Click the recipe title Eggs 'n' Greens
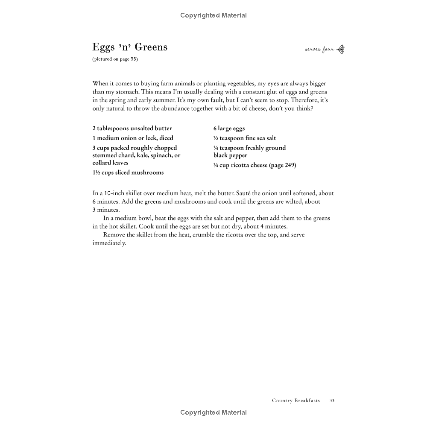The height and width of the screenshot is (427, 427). (130, 47)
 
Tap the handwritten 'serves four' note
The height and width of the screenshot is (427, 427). (319, 50)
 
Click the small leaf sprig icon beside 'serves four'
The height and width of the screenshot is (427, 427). (341, 50)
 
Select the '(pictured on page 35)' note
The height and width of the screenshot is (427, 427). (115, 59)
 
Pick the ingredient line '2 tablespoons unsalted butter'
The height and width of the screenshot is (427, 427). (132, 128)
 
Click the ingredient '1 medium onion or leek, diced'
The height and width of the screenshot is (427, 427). (133, 138)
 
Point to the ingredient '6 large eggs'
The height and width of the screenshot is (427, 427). (229, 128)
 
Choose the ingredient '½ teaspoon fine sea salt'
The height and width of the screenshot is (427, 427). (245, 138)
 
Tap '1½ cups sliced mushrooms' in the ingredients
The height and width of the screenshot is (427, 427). (128, 173)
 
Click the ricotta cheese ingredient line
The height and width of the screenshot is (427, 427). (254, 165)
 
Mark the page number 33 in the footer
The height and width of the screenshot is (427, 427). (332, 401)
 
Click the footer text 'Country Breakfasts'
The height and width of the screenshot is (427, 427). (296, 401)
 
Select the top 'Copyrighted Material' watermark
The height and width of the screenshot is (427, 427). (213, 15)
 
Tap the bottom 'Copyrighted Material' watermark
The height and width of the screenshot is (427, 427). (213, 412)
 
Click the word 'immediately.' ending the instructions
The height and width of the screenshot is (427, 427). (109, 243)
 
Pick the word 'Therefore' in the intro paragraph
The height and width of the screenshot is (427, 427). (305, 100)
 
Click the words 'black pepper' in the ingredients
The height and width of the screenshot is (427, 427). (230, 155)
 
